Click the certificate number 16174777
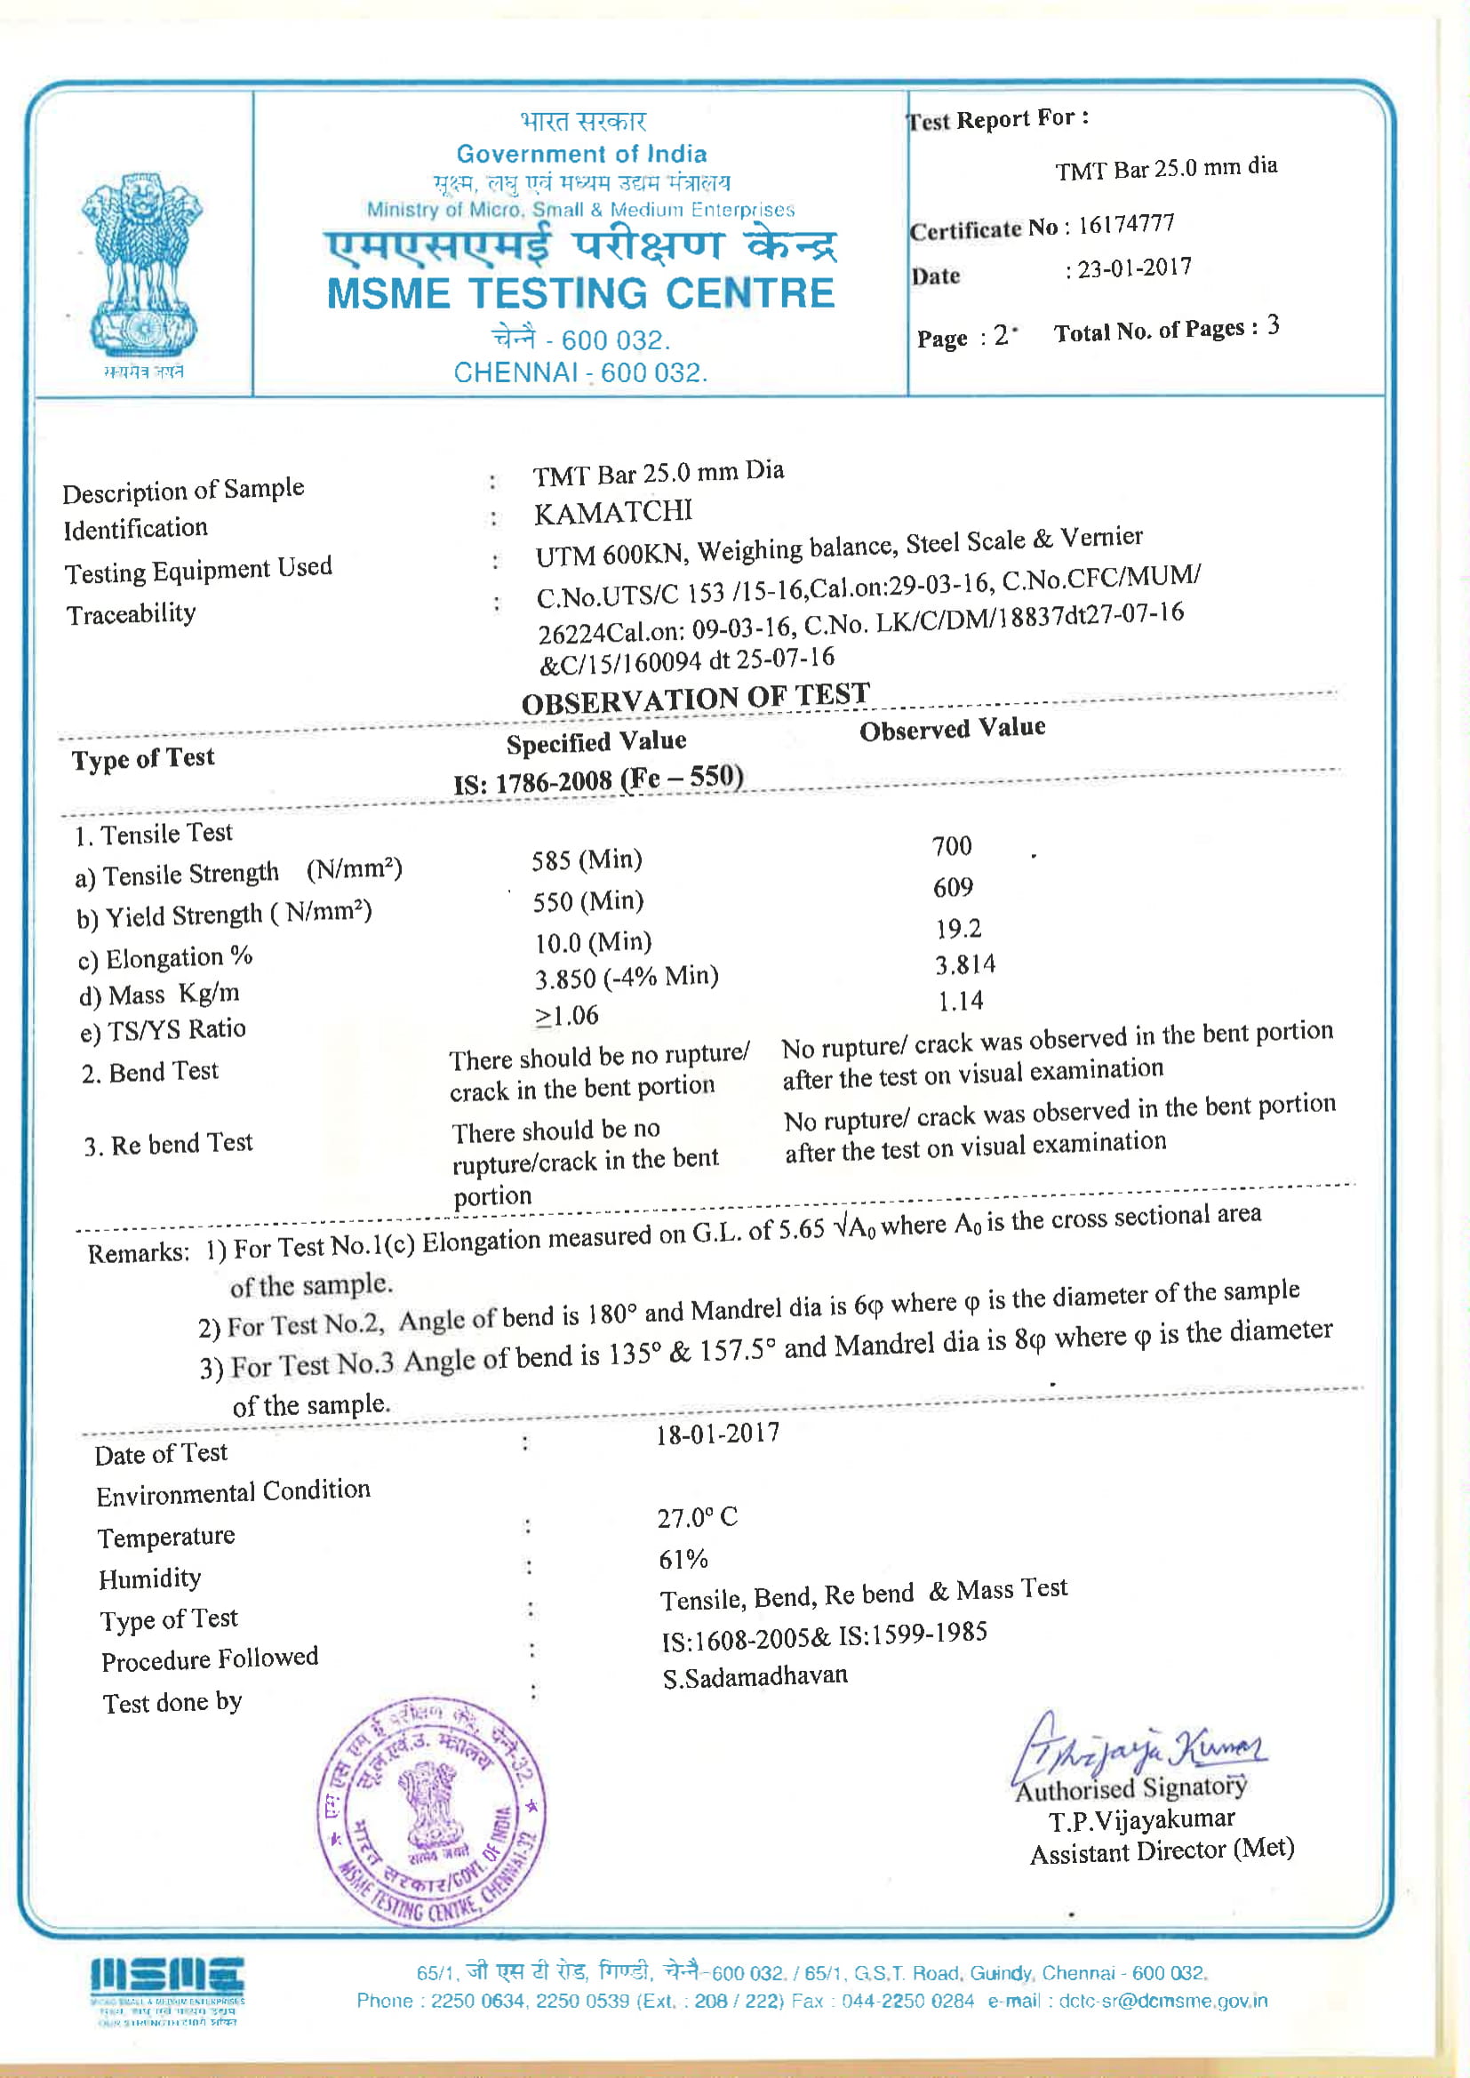(x=1125, y=224)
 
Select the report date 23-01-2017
(x=1133, y=268)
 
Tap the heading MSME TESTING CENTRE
(x=580, y=294)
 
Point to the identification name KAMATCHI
(x=613, y=513)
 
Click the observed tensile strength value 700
(x=951, y=846)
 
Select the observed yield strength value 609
(x=952, y=888)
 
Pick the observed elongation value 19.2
(x=958, y=929)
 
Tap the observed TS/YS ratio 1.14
(x=960, y=1001)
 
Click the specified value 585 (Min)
(x=587, y=859)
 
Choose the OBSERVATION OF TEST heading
(x=694, y=699)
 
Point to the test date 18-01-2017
(x=717, y=1435)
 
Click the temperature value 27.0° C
(x=697, y=1518)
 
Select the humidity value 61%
(x=683, y=1560)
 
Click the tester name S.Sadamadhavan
(x=754, y=1677)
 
